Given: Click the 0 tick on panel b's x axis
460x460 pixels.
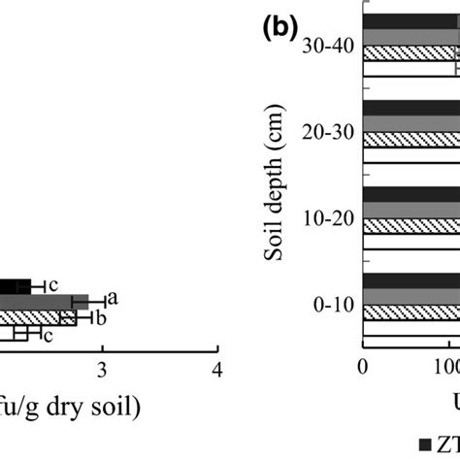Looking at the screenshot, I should (x=363, y=370).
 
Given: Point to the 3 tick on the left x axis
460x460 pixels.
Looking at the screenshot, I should (x=102, y=370).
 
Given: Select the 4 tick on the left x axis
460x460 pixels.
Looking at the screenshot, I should (x=217, y=370).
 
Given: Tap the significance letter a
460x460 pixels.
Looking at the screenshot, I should (x=113, y=299).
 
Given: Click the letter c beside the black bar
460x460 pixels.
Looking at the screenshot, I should (x=53, y=284).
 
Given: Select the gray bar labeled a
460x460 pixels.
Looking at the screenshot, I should (x=44, y=301).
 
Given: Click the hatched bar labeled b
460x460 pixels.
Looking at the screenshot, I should (x=39, y=317).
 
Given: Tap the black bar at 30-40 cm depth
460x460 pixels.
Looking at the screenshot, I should (x=408, y=21).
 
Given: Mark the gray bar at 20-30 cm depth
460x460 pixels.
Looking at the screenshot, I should (x=408, y=122).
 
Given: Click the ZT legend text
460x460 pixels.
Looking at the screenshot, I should (x=447, y=444).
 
